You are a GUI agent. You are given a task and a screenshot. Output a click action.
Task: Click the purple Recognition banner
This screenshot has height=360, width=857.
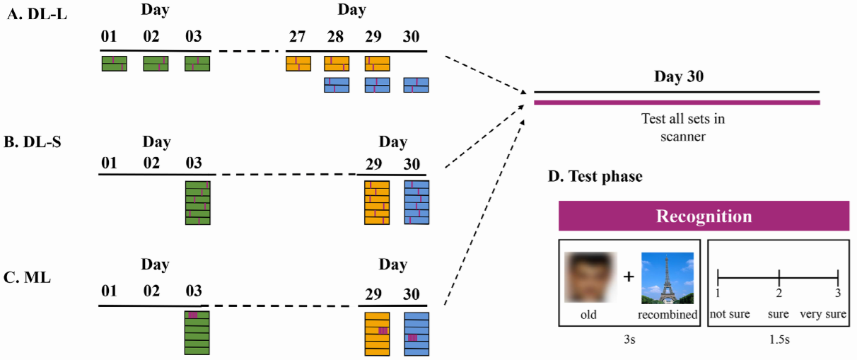click(x=704, y=216)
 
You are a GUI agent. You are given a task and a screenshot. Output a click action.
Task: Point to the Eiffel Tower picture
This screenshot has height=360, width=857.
click(x=667, y=277)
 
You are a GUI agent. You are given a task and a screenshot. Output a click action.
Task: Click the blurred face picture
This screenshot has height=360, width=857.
click(x=591, y=277)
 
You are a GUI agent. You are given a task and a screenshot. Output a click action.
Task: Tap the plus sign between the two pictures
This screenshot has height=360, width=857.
click(x=629, y=277)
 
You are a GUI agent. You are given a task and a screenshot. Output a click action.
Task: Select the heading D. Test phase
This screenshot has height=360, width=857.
click(x=595, y=177)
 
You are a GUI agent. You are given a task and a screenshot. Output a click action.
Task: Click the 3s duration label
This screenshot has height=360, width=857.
click(x=629, y=339)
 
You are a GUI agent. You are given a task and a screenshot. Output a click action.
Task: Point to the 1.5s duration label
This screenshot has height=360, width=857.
click(x=778, y=339)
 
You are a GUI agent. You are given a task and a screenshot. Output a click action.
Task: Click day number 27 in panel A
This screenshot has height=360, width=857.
click(x=298, y=37)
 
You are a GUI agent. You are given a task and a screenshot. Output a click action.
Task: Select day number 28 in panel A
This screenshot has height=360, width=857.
click(x=337, y=37)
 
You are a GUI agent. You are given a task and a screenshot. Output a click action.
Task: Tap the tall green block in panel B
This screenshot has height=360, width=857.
click(x=197, y=203)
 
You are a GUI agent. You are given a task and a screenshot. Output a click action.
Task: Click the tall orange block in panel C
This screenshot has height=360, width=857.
click(x=377, y=333)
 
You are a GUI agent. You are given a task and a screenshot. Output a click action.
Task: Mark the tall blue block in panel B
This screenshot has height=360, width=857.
click(x=416, y=203)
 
